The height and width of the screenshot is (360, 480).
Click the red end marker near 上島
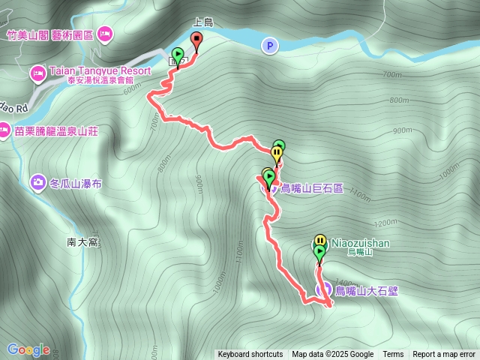pos(196,40)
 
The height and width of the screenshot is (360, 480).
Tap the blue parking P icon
pos(268,46)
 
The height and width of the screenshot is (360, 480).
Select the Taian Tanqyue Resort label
pos(100,71)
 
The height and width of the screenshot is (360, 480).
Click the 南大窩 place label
pos(82,242)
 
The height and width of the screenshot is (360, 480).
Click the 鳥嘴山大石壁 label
pos(367,290)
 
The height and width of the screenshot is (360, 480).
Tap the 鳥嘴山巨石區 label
pos(311,188)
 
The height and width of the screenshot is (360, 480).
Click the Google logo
pos(28,349)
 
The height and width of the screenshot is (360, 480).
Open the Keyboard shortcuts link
pos(250,355)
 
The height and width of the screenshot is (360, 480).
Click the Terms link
pos(393,355)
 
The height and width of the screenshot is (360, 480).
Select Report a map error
pos(444,355)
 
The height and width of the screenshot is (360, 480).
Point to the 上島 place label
pos(203,23)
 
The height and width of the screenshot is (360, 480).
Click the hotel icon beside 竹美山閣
pos(104,33)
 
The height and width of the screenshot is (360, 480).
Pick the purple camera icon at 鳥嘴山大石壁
pos(325,289)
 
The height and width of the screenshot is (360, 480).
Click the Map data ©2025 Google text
pos(332,355)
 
